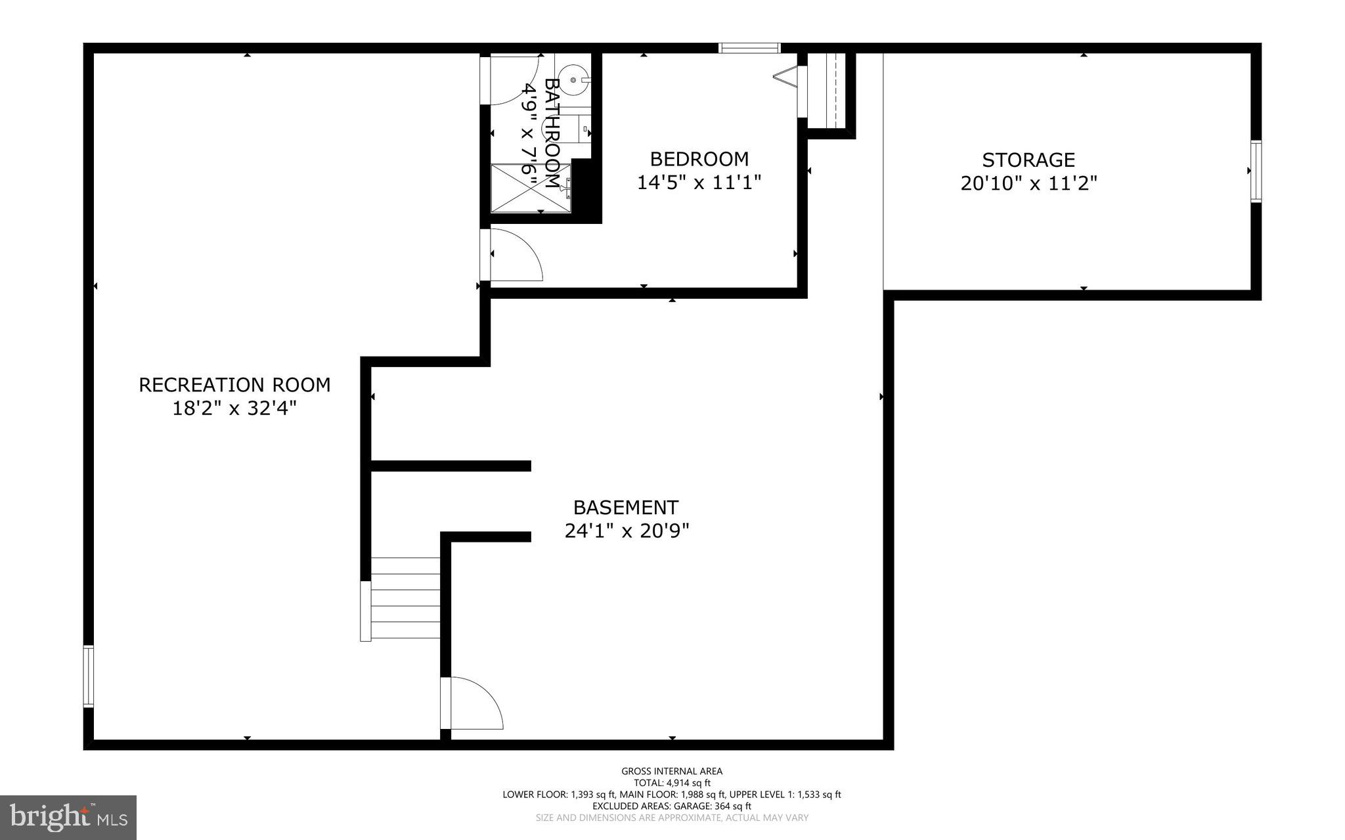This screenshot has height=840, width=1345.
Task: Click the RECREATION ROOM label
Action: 234,385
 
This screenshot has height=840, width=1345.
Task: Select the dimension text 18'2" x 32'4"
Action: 234,409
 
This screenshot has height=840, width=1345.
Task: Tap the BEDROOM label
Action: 699,159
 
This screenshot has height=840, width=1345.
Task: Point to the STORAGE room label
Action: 1028,160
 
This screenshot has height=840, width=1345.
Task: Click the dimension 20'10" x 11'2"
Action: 1028,183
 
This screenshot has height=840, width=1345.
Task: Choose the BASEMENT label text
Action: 625,508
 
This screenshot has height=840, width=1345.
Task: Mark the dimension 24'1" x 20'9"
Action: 627,531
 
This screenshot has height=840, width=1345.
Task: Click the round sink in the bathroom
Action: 576,79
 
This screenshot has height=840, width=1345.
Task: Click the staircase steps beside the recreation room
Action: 405,598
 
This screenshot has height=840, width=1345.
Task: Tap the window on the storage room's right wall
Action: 1256,171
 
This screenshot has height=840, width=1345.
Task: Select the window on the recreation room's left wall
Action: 88,676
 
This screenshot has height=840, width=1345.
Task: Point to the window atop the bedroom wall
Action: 749,47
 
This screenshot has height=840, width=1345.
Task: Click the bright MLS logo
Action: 68,817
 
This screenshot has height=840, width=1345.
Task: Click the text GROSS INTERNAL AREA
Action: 672,771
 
